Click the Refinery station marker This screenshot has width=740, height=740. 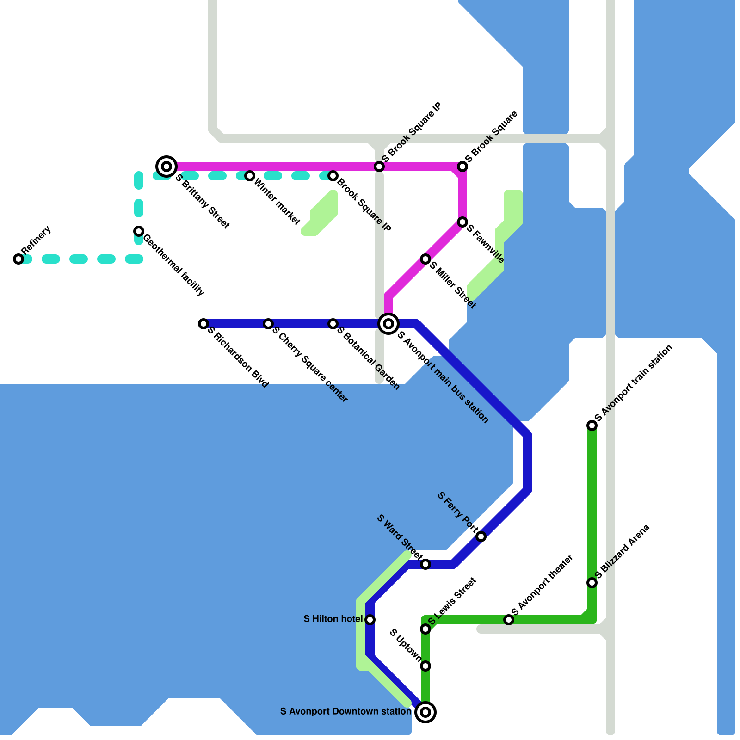coord(18,259)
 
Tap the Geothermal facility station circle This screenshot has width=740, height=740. coord(139,231)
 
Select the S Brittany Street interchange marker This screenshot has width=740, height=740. coord(166,166)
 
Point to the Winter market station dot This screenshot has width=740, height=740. coord(250,176)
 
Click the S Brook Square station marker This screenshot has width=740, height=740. coord(462,166)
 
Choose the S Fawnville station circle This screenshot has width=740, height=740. coord(462,222)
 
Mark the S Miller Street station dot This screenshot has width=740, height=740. coord(425,259)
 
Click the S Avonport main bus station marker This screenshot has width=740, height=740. coord(389,324)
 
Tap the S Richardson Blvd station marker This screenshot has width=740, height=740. coord(203,324)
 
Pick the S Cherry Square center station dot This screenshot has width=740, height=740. coord(268,324)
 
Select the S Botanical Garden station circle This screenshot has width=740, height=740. coord(333,324)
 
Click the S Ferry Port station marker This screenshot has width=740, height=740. coord(481,536)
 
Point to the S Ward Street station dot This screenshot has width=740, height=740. coord(425,564)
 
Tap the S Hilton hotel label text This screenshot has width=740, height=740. coord(333,619)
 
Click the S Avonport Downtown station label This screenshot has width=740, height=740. coord(345,711)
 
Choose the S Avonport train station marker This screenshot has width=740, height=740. coord(592,425)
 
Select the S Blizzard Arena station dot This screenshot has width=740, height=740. coord(592,583)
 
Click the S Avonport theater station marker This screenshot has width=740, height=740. coord(509,620)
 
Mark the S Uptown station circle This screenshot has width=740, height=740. coord(425,666)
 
